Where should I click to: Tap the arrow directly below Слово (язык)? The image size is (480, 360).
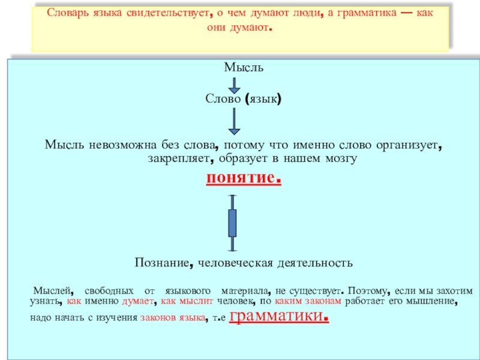(x=235, y=123)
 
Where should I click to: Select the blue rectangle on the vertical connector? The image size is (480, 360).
(x=233, y=223)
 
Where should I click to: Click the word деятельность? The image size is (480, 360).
(x=314, y=262)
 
